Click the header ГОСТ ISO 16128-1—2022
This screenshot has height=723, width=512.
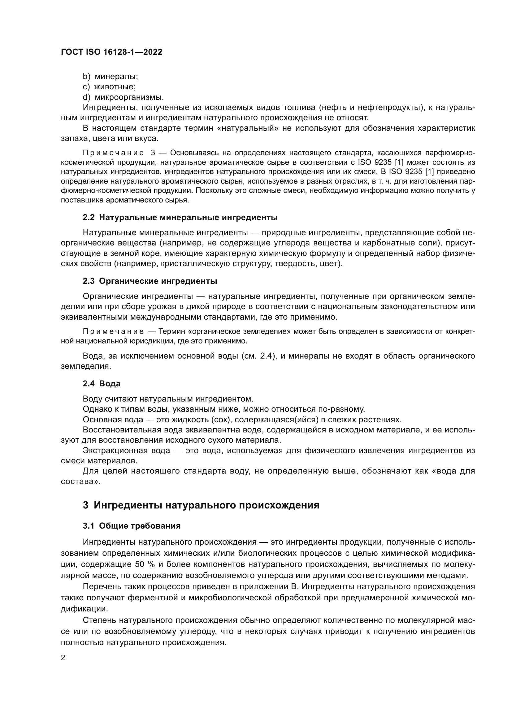(x=111, y=52)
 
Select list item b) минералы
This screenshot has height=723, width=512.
(x=110, y=77)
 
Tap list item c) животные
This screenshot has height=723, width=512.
(x=109, y=87)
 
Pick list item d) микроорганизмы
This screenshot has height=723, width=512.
(x=123, y=97)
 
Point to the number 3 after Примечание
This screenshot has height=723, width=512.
(x=153, y=153)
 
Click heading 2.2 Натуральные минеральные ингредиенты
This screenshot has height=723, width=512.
(x=180, y=217)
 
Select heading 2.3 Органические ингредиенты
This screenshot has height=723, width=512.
(x=150, y=281)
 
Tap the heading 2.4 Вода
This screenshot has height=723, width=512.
(x=102, y=384)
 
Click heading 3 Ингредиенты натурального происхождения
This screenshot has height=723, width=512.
(x=201, y=505)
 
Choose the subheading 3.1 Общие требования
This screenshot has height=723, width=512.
(x=132, y=526)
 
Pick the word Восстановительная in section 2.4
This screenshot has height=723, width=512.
(x=121, y=430)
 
